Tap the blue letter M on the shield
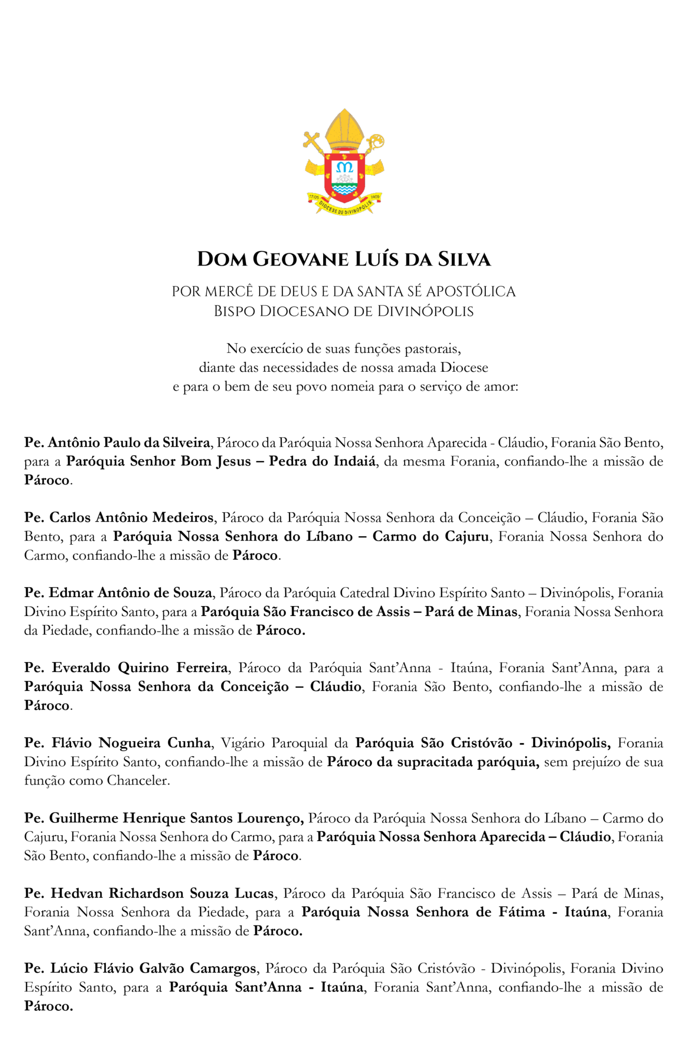coord(345,168)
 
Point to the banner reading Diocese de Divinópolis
coord(345,207)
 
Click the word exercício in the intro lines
coord(277,349)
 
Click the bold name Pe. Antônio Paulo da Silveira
coord(117,443)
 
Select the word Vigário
coord(242,743)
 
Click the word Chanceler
coord(138,781)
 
